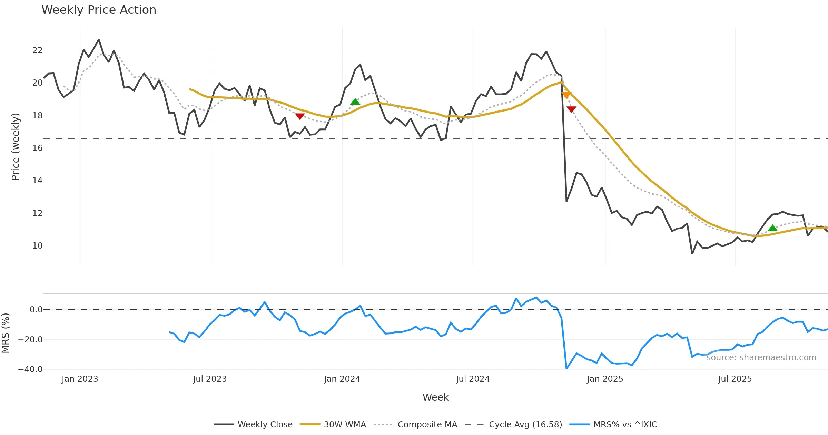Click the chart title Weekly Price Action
tap(99, 10)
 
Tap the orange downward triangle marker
tap(566, 95)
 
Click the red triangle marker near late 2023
tap(300, 116)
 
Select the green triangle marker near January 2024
tap(355, 101)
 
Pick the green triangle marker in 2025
tap(772, 228)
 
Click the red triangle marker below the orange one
tap(571, 109)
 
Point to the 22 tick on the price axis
tap(37, 50)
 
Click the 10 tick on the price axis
tap(37, 246)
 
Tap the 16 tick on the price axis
tap(37, 148)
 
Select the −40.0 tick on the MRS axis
tap(30, 369)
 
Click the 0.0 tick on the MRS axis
tap(36, 310)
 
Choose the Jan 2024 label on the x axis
tap(342, 379)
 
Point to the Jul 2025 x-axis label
tap(735, 379)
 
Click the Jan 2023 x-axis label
tap(80, 379)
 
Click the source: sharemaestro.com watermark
tap(761, 358)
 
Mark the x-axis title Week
tap(435, 398)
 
